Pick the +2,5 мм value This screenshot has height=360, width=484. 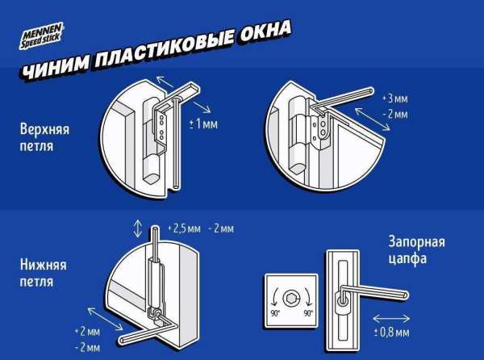(181, 229)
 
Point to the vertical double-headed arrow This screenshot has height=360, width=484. (138, 228)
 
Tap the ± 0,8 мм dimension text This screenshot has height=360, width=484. (392, 332)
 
